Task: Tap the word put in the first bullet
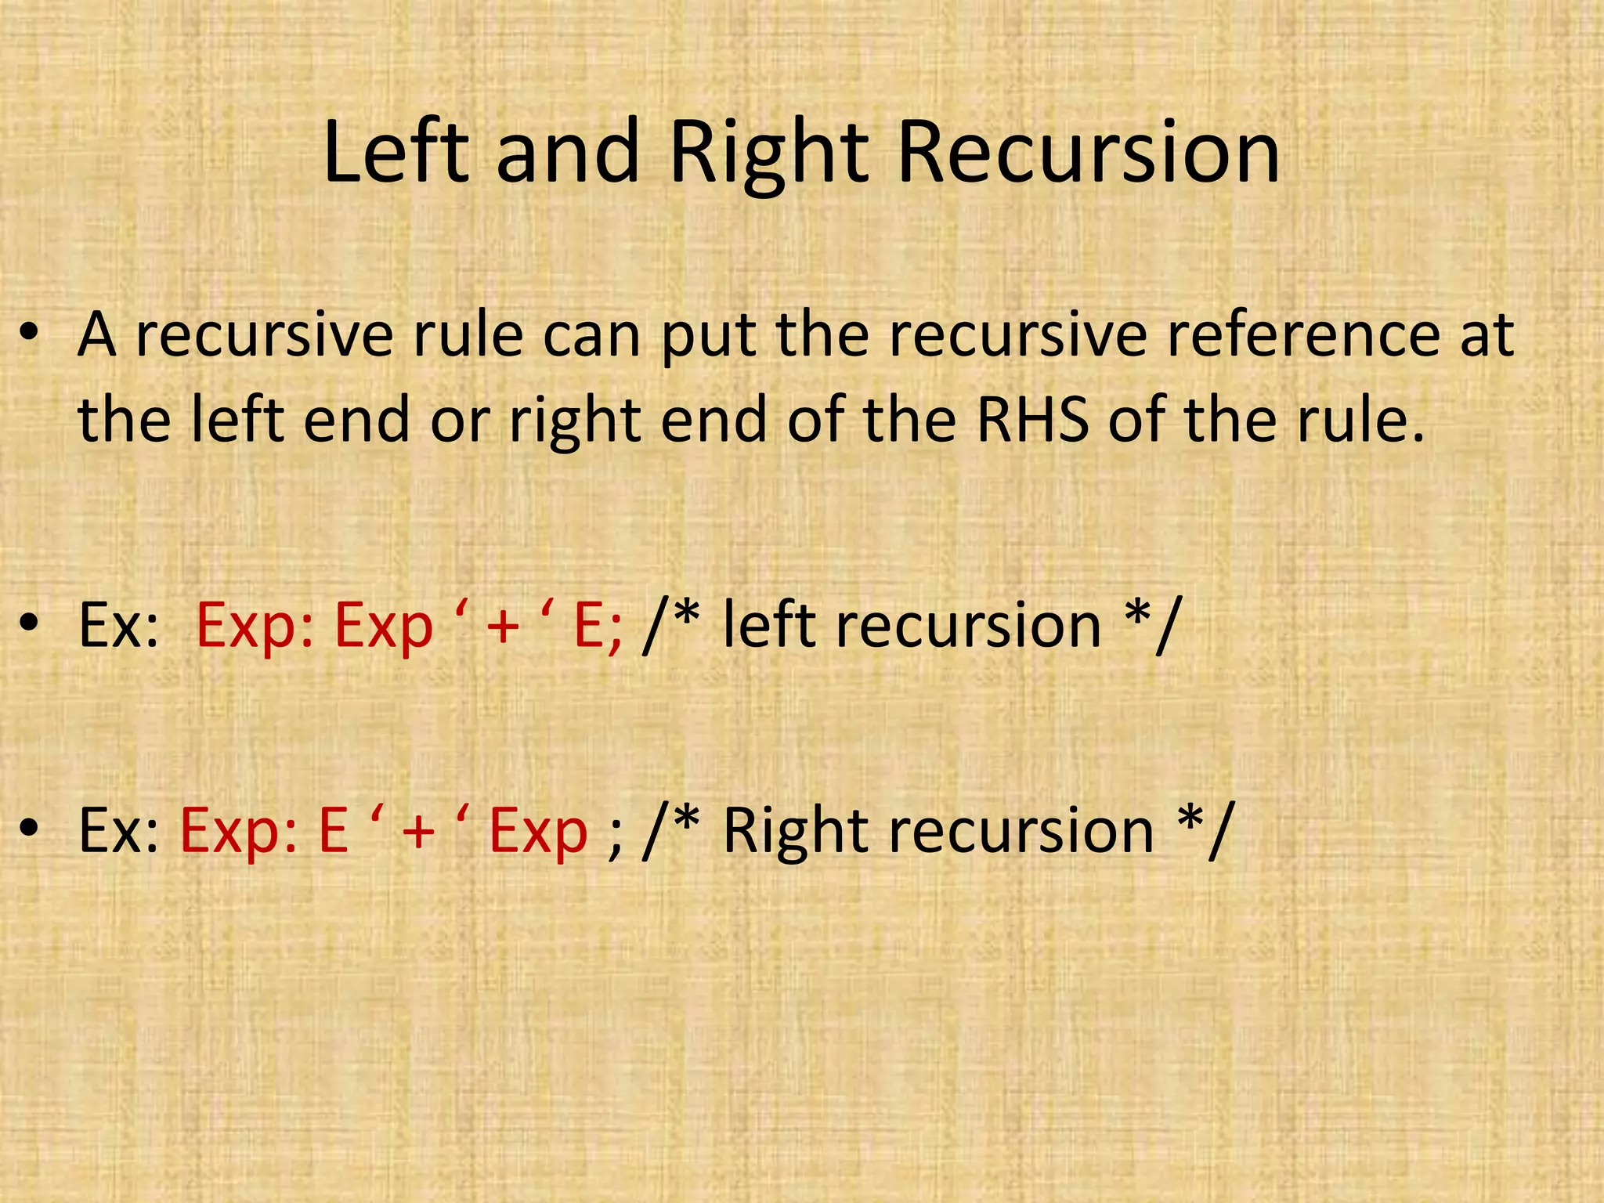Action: (708, 338)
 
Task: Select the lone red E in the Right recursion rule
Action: (334, 830)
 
